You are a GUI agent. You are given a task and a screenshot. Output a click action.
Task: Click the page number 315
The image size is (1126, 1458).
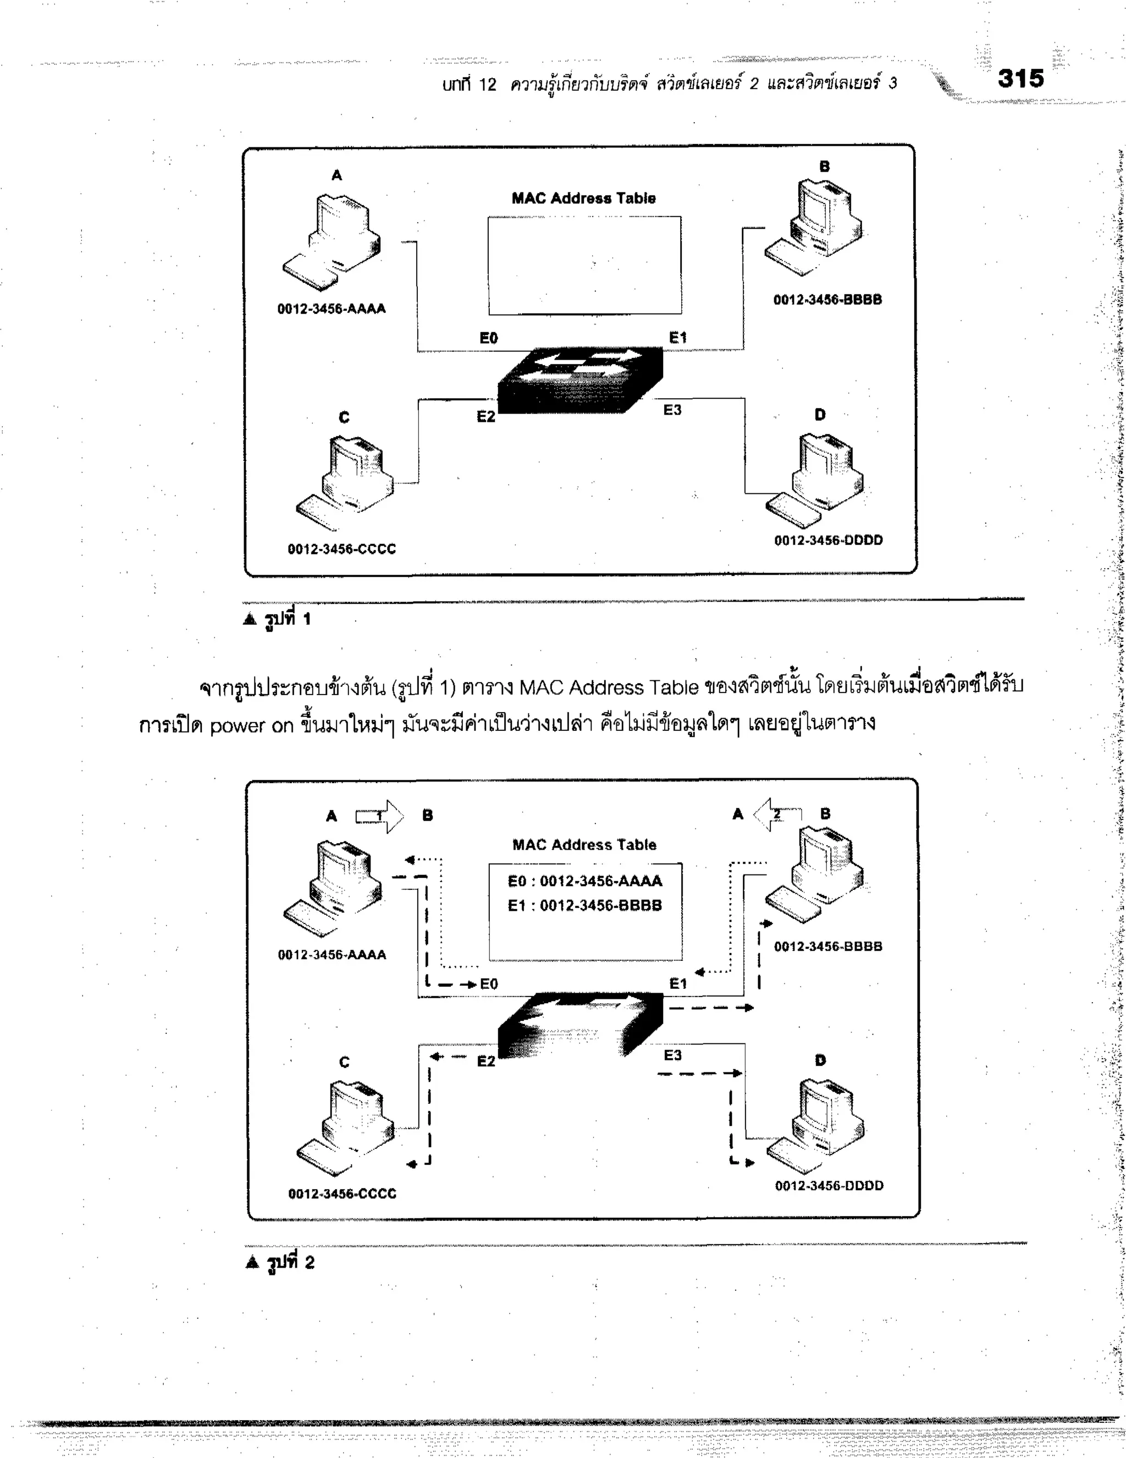click(x=1020, y=79)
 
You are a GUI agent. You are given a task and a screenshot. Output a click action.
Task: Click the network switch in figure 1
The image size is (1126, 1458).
click(x=581, y=380)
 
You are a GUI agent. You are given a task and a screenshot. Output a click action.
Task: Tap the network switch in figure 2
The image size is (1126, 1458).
click(x=581, y=1025)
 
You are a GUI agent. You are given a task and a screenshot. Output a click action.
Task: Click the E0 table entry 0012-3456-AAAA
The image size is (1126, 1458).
click(x=584, y=881)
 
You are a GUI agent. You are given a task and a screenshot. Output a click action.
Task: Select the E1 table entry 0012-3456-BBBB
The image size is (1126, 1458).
click(x=584, y=906)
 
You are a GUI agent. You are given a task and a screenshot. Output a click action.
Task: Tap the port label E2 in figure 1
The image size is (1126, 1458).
click(x=486, y=416)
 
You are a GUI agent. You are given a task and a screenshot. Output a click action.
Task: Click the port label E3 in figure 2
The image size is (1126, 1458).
click(x=673, y=1055)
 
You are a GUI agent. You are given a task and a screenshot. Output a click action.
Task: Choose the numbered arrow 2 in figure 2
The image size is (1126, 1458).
click(x=777, y=815)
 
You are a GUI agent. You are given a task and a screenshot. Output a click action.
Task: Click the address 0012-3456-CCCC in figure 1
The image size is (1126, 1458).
click(x=342, y=549)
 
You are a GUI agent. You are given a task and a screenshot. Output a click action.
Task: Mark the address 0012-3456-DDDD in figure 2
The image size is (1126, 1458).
click(x=829, y=1186)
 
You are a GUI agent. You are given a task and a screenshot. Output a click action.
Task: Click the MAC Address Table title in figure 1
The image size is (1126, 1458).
click(x=583, y=199)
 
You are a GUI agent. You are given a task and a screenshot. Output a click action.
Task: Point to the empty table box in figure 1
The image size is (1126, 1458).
click(x=584, y=265)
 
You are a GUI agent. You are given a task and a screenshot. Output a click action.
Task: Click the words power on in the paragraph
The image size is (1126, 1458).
click(x=252, y=725)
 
